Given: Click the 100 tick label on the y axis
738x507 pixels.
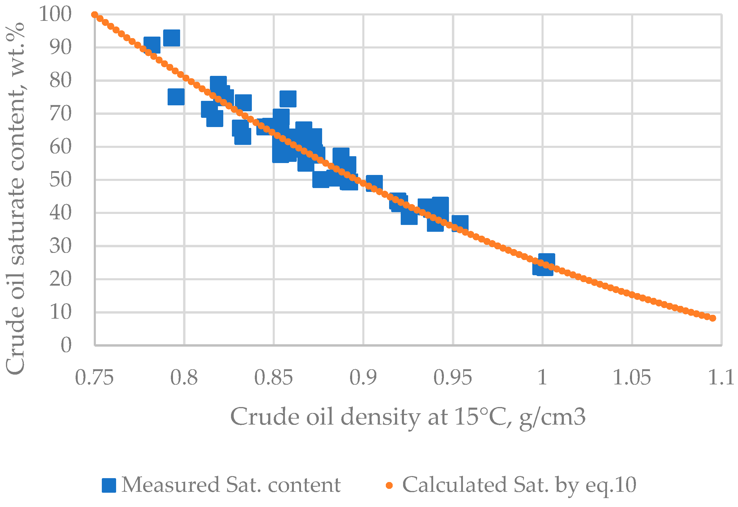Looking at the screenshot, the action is point(55,14).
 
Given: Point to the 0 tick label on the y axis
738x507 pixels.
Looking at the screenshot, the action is point(66,345).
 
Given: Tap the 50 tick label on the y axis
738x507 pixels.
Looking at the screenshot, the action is point(60,180).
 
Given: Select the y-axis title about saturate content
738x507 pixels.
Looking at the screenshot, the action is point(15,198).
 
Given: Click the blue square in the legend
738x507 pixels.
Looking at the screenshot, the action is point(109,485).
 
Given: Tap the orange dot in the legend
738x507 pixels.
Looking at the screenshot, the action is point(389,485).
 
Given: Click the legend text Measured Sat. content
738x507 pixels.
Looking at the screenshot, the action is point(231,485).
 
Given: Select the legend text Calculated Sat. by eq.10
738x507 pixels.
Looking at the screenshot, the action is point(519,485).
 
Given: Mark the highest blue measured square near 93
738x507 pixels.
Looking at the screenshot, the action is point(172,38).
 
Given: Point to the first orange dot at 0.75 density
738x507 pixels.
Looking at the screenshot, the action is point(95,15).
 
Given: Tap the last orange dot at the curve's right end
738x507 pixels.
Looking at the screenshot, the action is point(713,318).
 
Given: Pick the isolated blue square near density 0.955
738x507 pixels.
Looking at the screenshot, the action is point(460,223).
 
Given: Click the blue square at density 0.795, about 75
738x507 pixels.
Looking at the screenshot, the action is point(176,97).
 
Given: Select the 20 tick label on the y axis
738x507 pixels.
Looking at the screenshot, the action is point(60,279).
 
